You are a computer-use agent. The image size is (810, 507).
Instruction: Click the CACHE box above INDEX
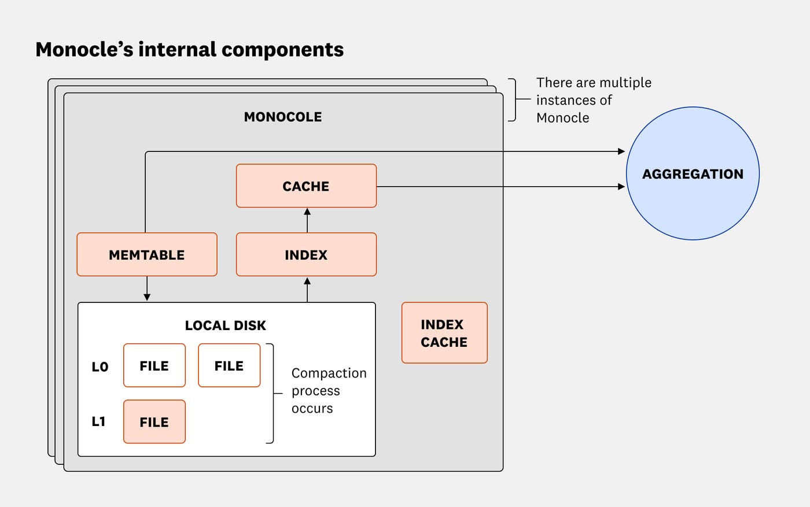(x=306, y=186)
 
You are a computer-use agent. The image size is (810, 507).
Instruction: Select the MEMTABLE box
(x=147, y=254)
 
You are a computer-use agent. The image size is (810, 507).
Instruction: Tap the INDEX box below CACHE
(x=306, y=254)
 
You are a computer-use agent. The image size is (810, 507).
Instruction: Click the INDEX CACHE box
(x=444, y=333)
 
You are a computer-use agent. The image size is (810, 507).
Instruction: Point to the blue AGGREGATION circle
(x=693, y=173)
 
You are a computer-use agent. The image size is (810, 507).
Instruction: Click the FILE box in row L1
(x=154, y=422)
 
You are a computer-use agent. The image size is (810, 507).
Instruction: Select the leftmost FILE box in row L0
(x=154, y=365)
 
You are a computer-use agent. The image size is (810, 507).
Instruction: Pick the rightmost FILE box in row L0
(x=229, y=365)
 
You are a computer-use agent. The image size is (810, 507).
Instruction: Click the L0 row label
(x=100, y=367)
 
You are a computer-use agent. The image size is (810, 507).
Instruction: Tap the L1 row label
(x=99, y=421)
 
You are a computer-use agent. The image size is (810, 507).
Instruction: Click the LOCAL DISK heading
(x=226, y=325)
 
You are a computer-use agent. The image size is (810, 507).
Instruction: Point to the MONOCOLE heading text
(x=283, y=117)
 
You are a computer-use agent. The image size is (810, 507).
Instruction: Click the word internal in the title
(x=177, y=50)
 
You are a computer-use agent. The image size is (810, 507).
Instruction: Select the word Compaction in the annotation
(x=329, y=373)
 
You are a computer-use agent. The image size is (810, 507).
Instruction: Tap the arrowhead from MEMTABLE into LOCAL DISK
(x=147, y=297)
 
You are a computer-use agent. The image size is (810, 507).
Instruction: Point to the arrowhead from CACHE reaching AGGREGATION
(x=621, y=187)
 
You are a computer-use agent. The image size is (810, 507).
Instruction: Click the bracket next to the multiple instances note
(x=513, y=100)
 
